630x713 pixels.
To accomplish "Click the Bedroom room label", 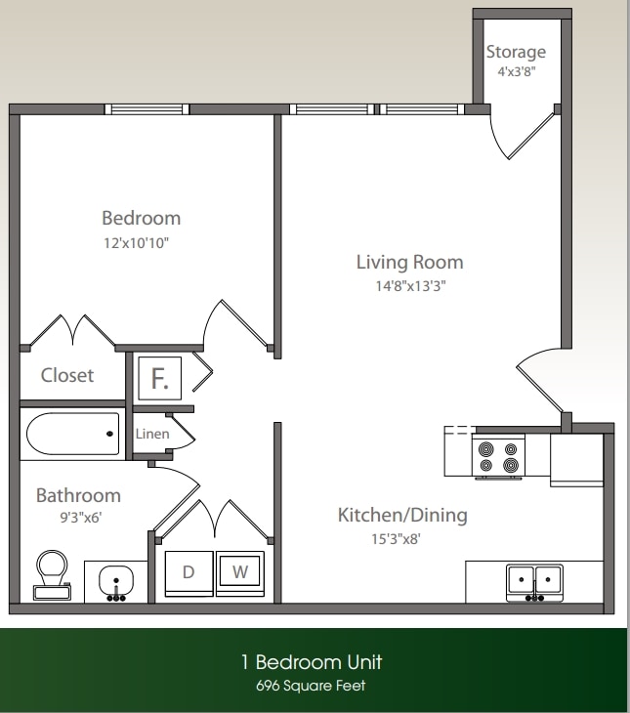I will pyautogui.click(x=142, y=218).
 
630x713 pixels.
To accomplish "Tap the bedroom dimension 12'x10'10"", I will pyautogui.click(x=142, y=242).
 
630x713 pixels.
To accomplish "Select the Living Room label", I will pyautogui.click(x=409, y=262).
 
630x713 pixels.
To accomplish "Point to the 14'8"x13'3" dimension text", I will pyautogui.click(x=409, y=286).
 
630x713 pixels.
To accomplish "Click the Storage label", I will pyautogui.click(x=516, y=51).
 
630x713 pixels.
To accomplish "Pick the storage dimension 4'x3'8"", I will pyautogui.click(x=516, y=71).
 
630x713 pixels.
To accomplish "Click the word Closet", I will pyautogui.click(x=67, y=375).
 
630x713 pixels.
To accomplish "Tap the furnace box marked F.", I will pyautogui.click(x=159, y=378).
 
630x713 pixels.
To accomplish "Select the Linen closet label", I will pyautogui.click(x=151, y=434).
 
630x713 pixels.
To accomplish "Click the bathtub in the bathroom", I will pyautogui.click(x=72, y=434).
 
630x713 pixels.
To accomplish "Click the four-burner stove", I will pyautogui.click(x=497, y=457).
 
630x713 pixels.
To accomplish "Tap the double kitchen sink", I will pyautogui.click(x=534, y=581).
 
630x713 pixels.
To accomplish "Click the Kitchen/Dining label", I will pyautogui.click(x=402, y=515).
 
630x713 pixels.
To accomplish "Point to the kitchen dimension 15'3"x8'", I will pyautogui.click(x=402, y=537).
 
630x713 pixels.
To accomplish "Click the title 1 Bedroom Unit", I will pyautogui.click(x=311, y=662).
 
